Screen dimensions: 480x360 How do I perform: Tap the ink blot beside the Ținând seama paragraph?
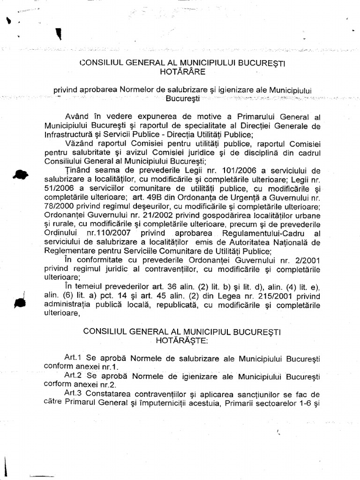point(21,174)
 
